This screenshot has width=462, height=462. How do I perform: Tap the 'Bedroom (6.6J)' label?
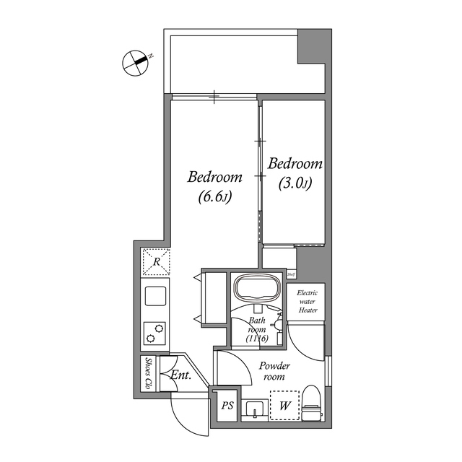pyautogui.click(x=214, y=186)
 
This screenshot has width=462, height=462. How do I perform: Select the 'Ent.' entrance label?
pyautogui.click(x=180, y=375)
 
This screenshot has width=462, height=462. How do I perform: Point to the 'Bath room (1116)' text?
pyautogui.click(x=258, y=329)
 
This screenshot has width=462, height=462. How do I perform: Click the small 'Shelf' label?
pyautogui.click(x=292, y=275)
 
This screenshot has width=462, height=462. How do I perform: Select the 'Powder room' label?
pyautogui.click(x=274, y=371)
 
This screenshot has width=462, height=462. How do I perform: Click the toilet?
pyautogui.click(x=311, y=401)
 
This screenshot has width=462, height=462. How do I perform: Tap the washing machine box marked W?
pyautogui.click(x=284, y=405)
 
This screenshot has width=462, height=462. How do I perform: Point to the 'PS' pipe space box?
pyautogui.click(x=227, y=406)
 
